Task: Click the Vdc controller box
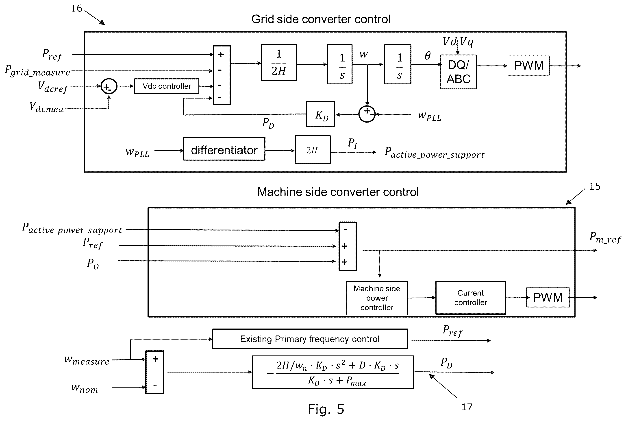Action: pyautogui.click(x=167, y=86)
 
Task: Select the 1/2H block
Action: pyautogui.click(x=279, y=63)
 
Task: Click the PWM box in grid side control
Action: pyautogui.click(x=528, y=66)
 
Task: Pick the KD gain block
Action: pyautogui.click(x=320, y=114)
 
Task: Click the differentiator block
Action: pyautogui.click(x=224, y=149)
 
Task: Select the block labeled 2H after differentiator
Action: pyautogui.click(x=313, y=149)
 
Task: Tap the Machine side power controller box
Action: pyautogui.click(x=377, y=298)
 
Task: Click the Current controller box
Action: pyautogui.click(x=470, y=298)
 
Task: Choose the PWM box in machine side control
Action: pyautogui.click(x=548, y=298)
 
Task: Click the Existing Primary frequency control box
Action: pyautogui.click(x=310, y=339)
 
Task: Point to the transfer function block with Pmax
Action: pyautogui.click(x=333, y=372)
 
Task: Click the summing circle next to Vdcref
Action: pyautogui.click(x=109, y=86)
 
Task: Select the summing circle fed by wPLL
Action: pyautogui.click(x=367, y=114)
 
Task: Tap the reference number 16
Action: pyautogui.click(x=76, y=8)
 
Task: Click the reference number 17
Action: pyautogui.click(x=467, y=407)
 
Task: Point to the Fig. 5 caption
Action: pyautogui.click(x=326, y=410)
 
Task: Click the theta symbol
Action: pyautogui.click(x=428, y=56)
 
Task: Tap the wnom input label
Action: pyautogui.click(x=85, y=388)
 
